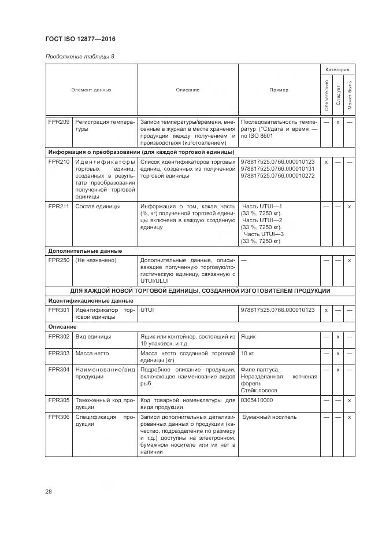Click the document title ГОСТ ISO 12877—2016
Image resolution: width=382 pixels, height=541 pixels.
click(x=80, y=39)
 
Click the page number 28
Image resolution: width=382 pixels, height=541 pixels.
click(x=49, y=491)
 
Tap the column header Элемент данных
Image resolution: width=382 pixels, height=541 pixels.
click(x=91, y=90)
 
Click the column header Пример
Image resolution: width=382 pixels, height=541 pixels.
click(x=279, y=90)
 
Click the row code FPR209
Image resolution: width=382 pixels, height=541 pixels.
click(x=59, y=122)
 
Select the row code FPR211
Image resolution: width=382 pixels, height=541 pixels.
click(x=59, y=206)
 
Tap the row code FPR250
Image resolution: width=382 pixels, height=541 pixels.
click(x=59, y=260)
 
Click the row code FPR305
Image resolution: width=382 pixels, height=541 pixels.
click(x=59, y=400)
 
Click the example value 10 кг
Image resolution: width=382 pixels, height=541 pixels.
click(x=247, y=353)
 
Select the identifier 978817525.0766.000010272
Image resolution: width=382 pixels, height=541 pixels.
click(x=277, y=175)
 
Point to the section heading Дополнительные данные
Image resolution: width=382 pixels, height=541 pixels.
click(x=84, y=251)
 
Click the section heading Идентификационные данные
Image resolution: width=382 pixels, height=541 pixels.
click(x=90, y=301)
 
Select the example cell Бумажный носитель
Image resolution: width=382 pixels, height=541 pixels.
click(x=269, y=417)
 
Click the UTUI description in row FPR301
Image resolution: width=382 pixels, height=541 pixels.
click(x=147, y=310)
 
